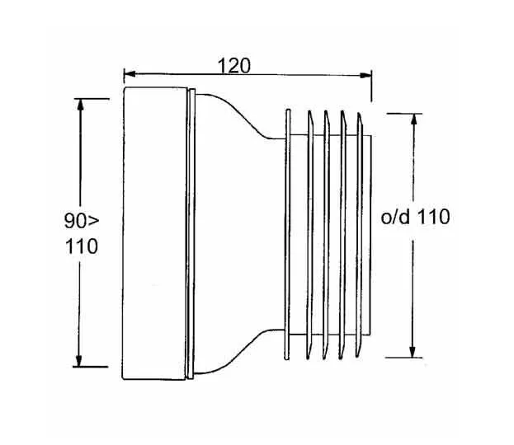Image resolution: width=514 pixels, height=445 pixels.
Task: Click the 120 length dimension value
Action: click(234, 64)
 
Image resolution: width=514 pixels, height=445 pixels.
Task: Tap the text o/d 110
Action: click(414, 218)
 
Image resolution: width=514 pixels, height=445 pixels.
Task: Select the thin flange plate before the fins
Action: click(286, 234)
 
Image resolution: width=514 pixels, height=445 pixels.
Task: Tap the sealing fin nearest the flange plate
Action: click(309, 234)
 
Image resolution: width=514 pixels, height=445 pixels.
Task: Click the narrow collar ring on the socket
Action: click(192, 234)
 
